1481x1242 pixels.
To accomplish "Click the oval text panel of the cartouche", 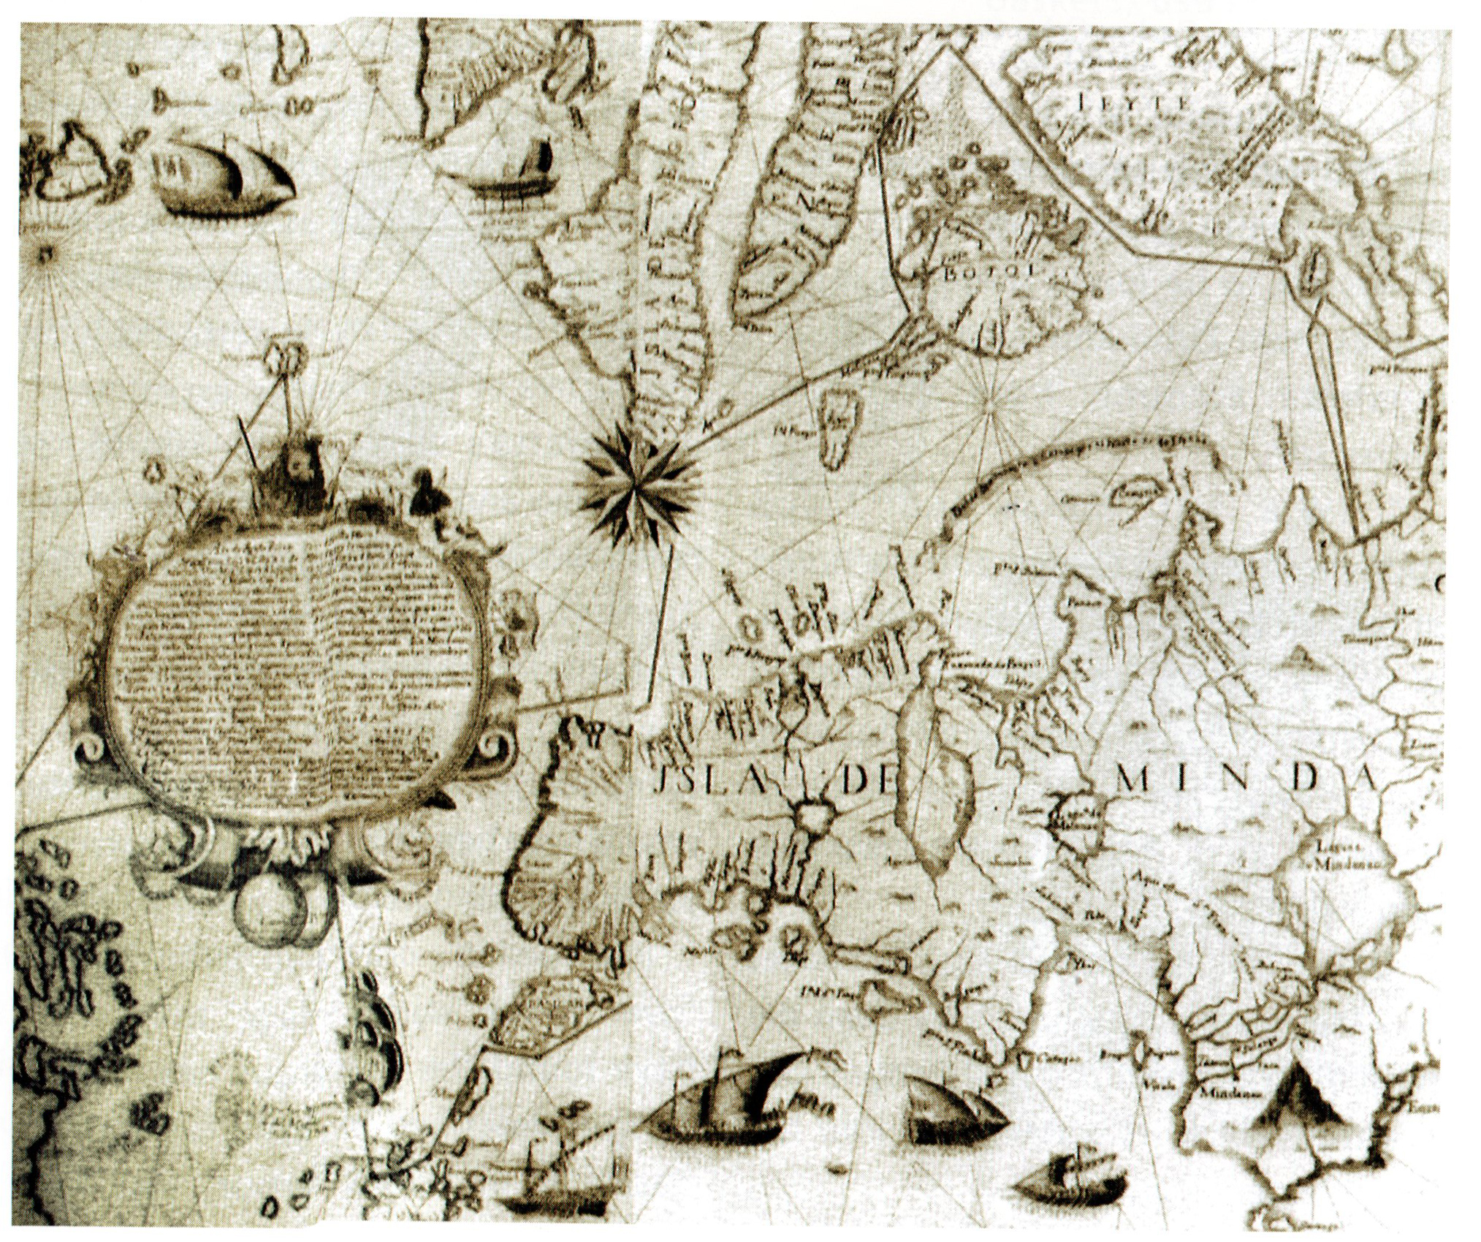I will click(296, 676).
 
